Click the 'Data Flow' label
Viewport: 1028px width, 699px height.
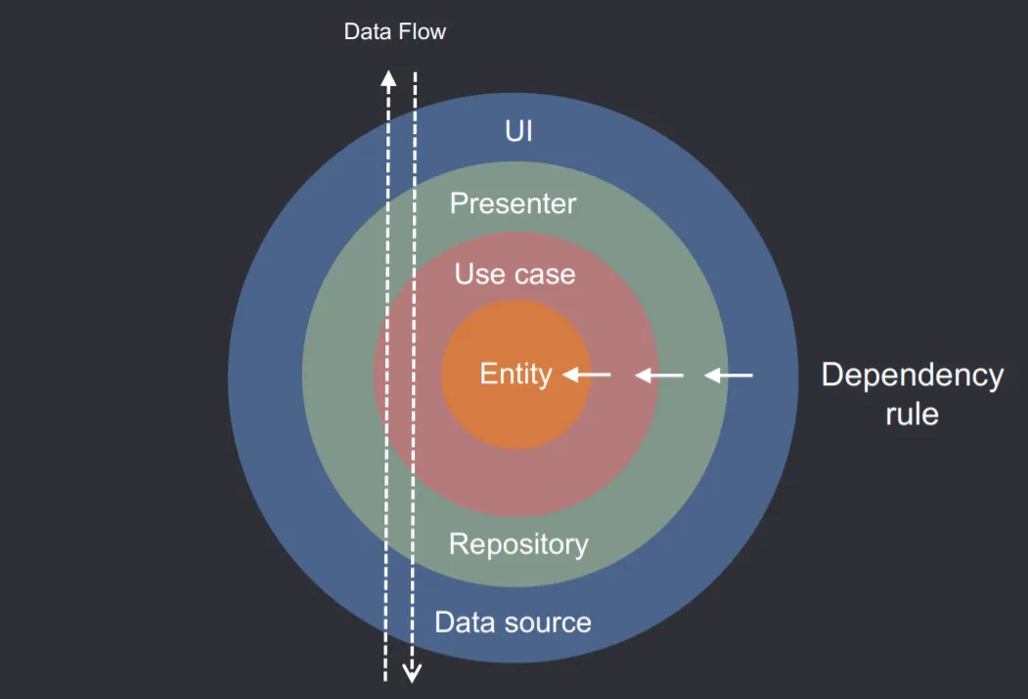click(x=394, y=32)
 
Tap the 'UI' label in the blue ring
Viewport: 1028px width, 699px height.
click(x=518, y=131)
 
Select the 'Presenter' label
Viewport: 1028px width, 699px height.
click(x=513, y=203)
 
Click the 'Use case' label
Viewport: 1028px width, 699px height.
click(x=514, y=275)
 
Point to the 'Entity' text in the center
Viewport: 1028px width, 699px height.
click(x=515, y=374)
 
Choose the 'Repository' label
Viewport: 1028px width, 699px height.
click(x=518, y=544)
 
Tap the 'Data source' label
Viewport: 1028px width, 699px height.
click(x=513, y=623)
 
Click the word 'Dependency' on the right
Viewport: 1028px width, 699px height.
click(x=912, y=375)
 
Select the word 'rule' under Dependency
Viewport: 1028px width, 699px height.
click(x=912, y=414)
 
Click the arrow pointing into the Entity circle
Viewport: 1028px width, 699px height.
click(x=587, y=374)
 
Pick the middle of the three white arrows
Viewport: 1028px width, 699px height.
click(x=659, y=374)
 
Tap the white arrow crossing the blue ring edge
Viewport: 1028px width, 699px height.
click(x=729, y=374)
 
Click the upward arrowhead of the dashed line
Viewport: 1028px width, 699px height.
click(x=388, y=78)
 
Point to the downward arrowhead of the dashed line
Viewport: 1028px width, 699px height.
click(x=413, y=672)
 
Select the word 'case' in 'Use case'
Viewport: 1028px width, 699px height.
click(x=543, y=275)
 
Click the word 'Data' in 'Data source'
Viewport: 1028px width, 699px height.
click(x=460, y=623)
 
